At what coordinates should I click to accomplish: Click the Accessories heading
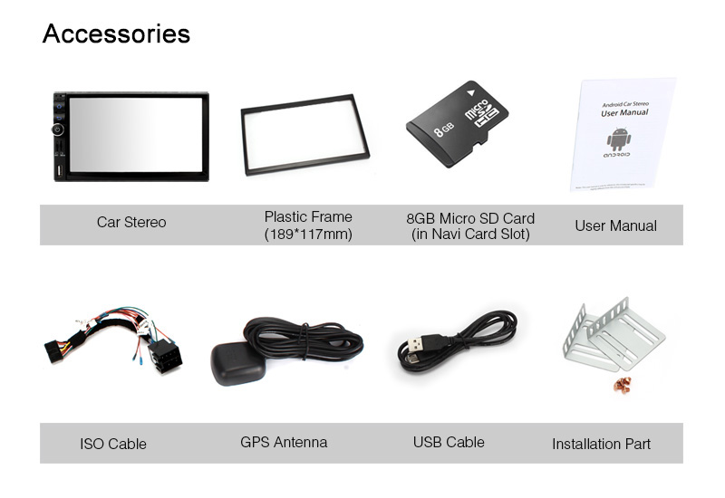click(116, 34)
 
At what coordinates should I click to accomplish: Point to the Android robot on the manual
click(618, 139)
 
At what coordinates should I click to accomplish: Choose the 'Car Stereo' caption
click(131, 222)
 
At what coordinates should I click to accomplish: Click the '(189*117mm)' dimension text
click(308, 235)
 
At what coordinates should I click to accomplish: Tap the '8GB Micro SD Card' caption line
click(470, 218)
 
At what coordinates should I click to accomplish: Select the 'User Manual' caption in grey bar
click(615, 225)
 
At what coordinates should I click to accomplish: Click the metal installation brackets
click(614, 334)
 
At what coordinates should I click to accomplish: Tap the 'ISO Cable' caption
click(113, 444)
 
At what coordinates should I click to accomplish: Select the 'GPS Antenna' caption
click(284, 443)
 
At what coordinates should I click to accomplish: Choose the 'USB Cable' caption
click(449, 443)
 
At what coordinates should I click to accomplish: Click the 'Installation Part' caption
click(601, 444)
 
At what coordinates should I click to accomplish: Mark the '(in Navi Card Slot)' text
click(470, 235)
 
